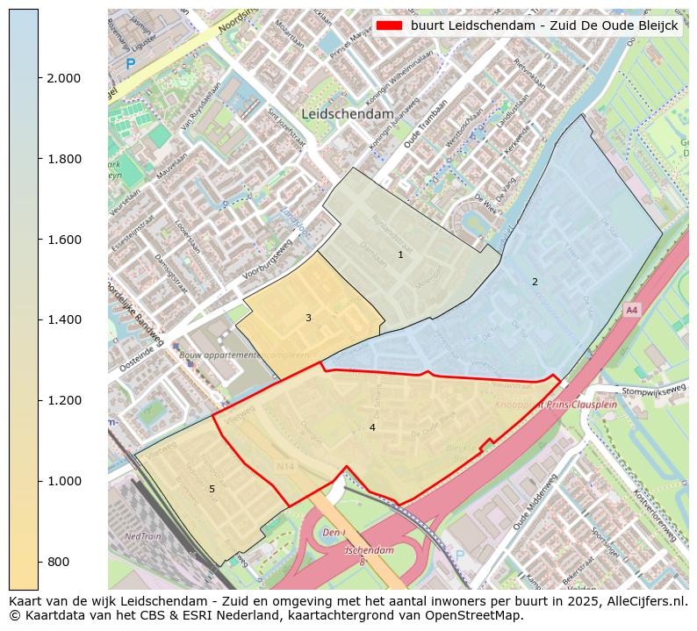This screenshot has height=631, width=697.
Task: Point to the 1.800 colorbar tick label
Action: [63, 159]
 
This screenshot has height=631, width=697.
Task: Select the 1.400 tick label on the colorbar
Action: [63, 319]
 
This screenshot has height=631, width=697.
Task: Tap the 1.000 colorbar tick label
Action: [63, 481]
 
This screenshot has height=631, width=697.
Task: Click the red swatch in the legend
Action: [389, 25]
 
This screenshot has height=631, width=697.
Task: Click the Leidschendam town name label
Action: [347, 114]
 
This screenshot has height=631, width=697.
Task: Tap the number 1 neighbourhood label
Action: [400, 255]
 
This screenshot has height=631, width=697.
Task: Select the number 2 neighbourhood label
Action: [535, 282]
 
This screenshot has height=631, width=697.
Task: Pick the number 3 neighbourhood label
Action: [308, 318]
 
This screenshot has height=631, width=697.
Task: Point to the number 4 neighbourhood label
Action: [372, 427]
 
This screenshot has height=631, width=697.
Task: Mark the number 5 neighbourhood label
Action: [212, 489]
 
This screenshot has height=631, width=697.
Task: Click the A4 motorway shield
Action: [631, 310]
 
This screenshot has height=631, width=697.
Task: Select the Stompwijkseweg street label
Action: [653, 391]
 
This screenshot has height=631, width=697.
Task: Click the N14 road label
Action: [285, 467]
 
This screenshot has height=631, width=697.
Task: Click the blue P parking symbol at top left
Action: [131, 64]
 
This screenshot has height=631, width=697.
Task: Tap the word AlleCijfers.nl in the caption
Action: [645, 602]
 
